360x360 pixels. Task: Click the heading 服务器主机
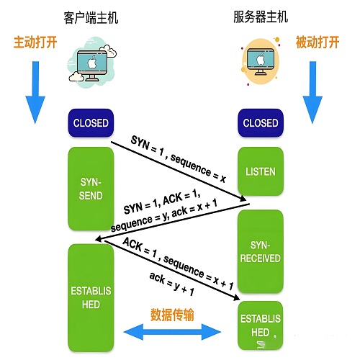tap(260, 17)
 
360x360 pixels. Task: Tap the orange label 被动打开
tap(316, 42)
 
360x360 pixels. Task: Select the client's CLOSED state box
tap(91, 123)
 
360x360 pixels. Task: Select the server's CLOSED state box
tap(260, 123)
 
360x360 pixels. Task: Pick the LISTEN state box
tap(260, 173)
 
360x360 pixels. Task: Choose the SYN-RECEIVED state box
tap(260, 252)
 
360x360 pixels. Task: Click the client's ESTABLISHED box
tap(91, 298)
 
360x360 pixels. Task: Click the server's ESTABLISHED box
tap(260, 326)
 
